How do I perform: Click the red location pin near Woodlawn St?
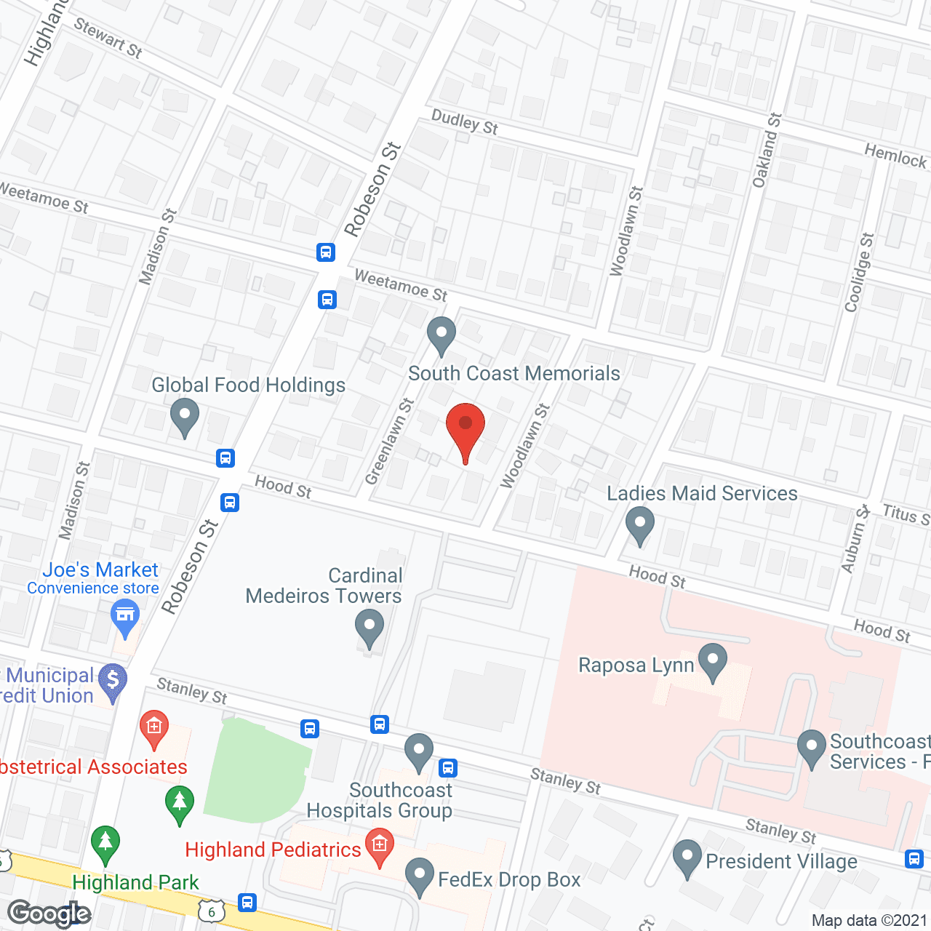[x=465, y=426]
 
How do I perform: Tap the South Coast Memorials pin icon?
[x=441, y=335]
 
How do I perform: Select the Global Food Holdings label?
[x=248, y=385]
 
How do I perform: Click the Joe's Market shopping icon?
[x=125, y=616]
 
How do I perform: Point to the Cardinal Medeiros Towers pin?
[x=369, y=626]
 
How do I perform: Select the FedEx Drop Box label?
[x=509, y=879]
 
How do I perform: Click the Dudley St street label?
[x=465, y=122]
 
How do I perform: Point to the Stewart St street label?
[x=108, y=39]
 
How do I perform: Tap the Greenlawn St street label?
[x=389, y=441]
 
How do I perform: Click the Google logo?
[x=49, y=914]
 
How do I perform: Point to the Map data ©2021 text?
[x=870, y=920]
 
